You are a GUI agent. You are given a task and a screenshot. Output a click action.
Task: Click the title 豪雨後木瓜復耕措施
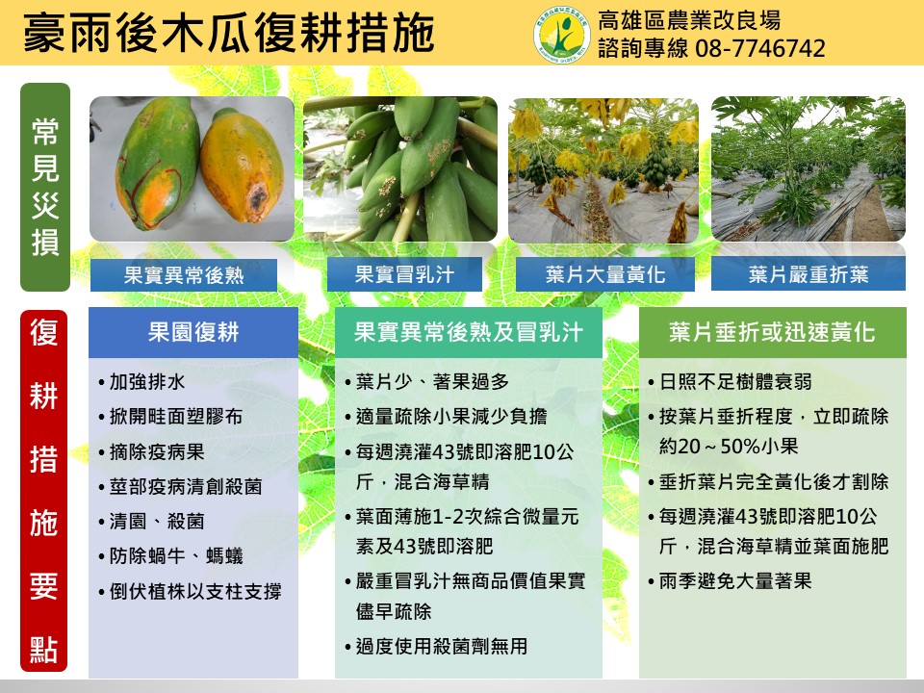[229, 33]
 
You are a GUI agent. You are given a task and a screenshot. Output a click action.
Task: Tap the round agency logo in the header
[561, 35]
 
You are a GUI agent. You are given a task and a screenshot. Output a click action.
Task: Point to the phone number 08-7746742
[760, 48]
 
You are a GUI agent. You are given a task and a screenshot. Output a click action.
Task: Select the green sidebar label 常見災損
[45, 187]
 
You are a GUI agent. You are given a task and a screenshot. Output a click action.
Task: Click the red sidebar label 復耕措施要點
[44, 490]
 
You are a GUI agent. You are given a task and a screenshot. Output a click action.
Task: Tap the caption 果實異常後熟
[184, 274]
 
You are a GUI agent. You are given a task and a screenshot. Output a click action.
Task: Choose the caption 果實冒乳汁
[404, 274]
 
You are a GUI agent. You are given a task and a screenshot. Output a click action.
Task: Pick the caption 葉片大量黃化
[605, 274]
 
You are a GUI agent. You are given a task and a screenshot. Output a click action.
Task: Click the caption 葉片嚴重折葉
[808, 274]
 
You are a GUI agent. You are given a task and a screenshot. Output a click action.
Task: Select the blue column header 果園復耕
[193, 332]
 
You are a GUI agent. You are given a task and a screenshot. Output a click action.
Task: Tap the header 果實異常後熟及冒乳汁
[469, 332]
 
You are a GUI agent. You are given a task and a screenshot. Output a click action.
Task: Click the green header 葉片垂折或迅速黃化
[773, 332]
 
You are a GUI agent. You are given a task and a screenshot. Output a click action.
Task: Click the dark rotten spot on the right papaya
[258, 200]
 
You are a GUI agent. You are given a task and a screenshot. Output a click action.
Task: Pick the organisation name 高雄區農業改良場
[689, 20]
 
